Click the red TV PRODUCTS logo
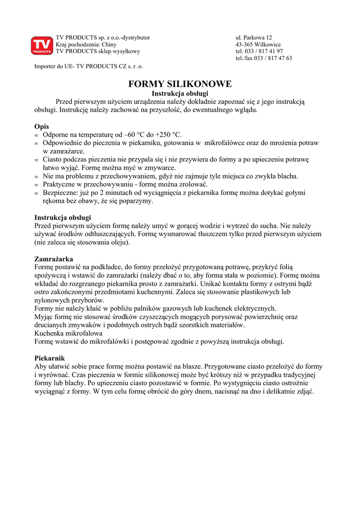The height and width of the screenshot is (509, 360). pyautogui.click(x=42, y=45)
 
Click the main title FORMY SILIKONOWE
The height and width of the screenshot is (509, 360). pyautogui.click(x=180, y=84)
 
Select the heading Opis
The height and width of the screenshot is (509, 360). pyautogui.click(x=42, y=126)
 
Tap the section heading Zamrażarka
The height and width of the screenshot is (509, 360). pyautogui.click(x=54, y=259)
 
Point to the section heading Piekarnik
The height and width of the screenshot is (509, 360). pyautogui.click(x=49, y=358)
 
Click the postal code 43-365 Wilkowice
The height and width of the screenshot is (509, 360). pyautogui.click(x=258, y=45)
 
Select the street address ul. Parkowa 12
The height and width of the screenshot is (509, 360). pyautogui.click(x=254, y=38)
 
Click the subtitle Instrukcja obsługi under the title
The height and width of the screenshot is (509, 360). pyautogui.click(x=180, y=93)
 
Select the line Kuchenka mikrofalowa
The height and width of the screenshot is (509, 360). pyautogui.click(x=68, y=334)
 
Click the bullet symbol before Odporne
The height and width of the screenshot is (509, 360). pyautogui.click(x=36, y=135)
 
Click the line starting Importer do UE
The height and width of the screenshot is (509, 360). pyautogui.click(x=89, y=66)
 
